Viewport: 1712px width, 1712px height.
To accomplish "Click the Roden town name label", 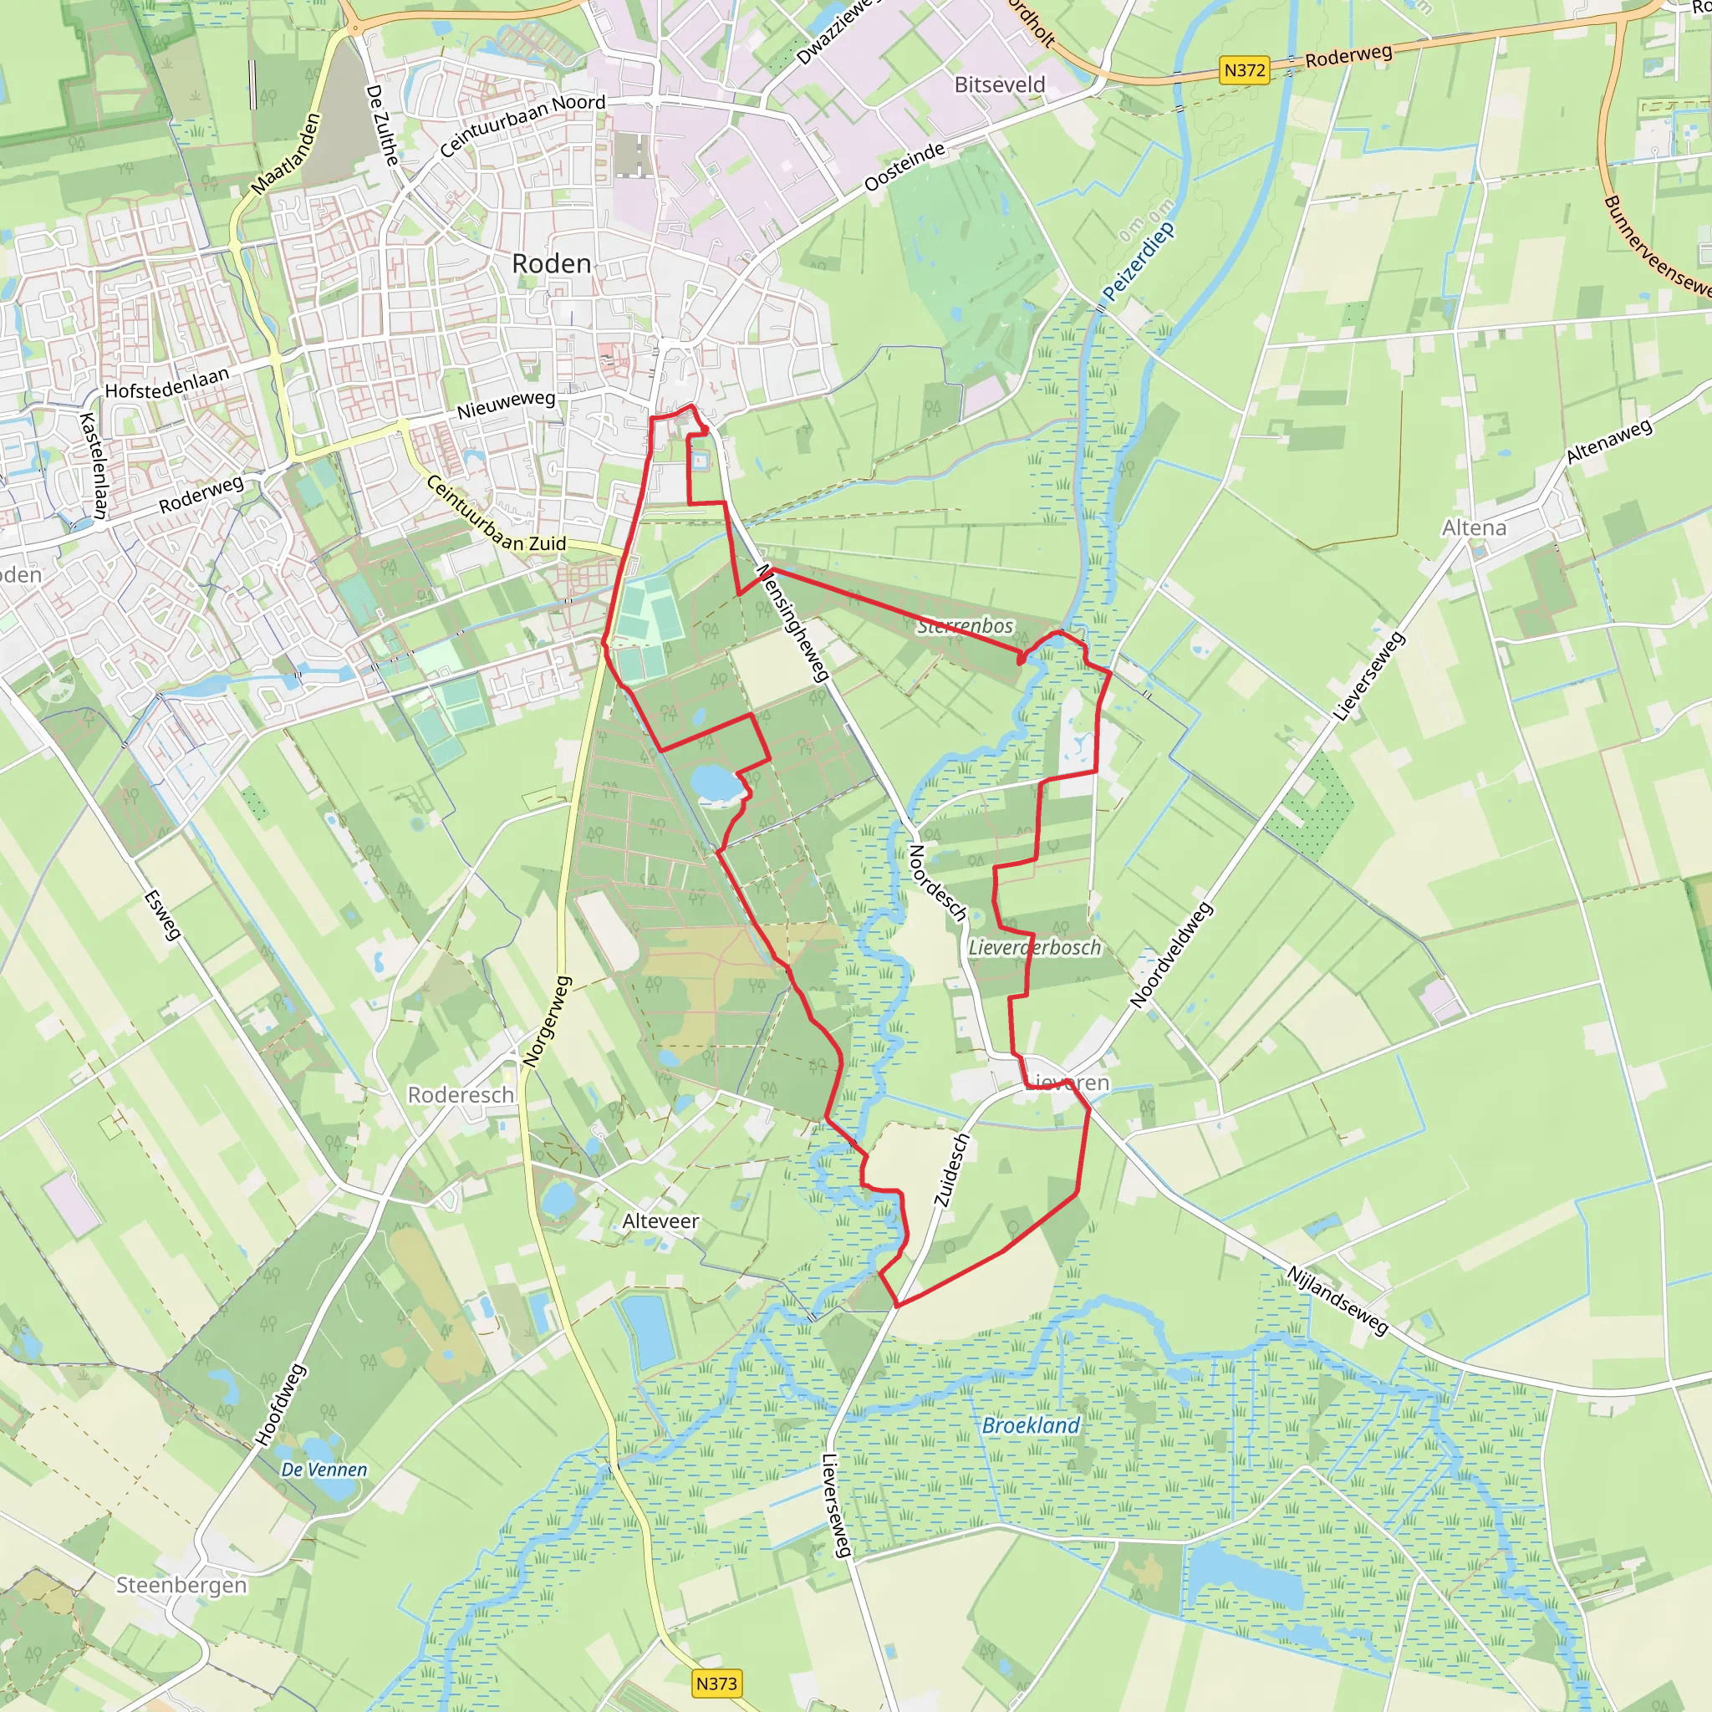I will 551,263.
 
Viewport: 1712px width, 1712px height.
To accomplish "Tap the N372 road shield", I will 1243,70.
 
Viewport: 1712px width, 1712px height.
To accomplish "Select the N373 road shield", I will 716,1683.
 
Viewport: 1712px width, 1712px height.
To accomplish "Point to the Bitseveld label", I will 1000,85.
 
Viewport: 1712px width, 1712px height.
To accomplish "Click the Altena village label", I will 1474,528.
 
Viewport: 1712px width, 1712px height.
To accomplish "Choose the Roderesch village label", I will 460,1095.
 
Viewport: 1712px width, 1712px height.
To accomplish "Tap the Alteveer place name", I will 660,1221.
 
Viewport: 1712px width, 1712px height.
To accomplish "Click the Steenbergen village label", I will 181,1584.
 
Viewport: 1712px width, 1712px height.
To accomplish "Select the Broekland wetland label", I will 1031,1425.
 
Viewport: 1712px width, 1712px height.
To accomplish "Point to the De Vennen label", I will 324,1470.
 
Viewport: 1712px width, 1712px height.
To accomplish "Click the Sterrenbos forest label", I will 965,625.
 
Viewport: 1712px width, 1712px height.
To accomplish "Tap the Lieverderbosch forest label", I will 1034,947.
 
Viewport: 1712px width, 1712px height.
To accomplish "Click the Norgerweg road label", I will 547,1021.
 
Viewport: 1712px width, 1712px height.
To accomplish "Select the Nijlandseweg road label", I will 1337,1300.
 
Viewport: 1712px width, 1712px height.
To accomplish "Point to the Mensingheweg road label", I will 792,622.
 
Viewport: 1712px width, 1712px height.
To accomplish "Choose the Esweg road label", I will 162,915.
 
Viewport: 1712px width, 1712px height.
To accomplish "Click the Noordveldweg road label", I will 1169,955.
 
